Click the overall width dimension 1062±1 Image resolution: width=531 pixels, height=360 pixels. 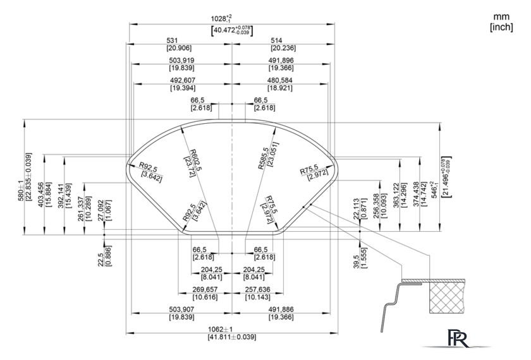point(221,329)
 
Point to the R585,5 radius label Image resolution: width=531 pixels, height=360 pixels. point(264,159)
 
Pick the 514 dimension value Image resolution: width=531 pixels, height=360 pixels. point(276,40)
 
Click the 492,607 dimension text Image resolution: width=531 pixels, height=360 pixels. point(183,81)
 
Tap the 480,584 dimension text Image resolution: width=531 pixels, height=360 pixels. point(279,81)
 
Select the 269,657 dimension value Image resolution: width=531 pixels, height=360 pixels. point(205,290)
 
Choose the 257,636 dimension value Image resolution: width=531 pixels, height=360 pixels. point(258,290)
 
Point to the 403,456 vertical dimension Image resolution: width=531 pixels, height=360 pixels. point(41,195)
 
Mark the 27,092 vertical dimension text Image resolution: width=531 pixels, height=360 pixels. point(101,210)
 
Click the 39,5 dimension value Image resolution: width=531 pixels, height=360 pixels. point(356,261)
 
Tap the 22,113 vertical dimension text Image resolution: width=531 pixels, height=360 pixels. point(356,209)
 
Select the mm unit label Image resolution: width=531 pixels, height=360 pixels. point(501,17)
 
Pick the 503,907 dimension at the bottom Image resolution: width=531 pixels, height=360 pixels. point(182,309)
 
